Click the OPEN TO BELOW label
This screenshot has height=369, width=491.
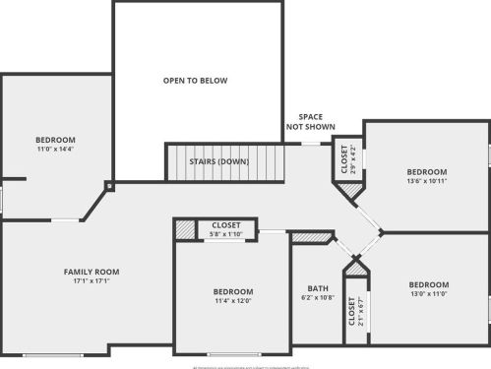click(x=195, y=81)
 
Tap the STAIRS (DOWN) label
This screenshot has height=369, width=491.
click(x=219, y=161)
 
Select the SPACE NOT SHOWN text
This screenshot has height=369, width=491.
click(x=311, y=122)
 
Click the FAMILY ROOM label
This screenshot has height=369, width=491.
click(x=91, y=272)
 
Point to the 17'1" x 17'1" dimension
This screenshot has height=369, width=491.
click(x=91, y=281)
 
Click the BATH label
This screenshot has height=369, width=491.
click(x=317, y=288)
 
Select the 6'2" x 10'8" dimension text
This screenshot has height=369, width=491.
click(x=317, y=298)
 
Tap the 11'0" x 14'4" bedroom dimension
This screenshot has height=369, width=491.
click(x=55, y=150)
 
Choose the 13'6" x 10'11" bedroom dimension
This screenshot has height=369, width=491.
click(x=426, y=181)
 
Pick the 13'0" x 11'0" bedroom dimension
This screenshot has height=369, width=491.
click(x=428, y=294)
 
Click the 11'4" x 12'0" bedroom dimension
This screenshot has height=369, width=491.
click(x=233, y=301)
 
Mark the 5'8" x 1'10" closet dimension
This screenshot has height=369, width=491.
click(x=225, y=235)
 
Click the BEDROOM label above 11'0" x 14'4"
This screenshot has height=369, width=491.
click(x=55, y=140)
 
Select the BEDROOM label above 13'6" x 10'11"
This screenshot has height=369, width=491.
click(x=426, y=171)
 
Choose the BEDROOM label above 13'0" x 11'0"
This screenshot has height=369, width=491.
click(x=428, y=284)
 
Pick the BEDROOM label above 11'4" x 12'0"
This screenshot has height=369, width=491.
click(x=233, y=291)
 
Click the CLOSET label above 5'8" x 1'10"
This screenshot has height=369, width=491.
click(x=225, y=225)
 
